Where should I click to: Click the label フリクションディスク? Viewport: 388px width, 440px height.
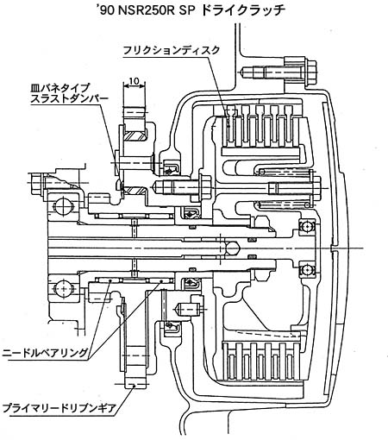[172, 51]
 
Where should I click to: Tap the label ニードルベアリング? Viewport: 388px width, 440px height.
[45, 352]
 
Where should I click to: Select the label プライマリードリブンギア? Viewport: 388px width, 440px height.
[59, 408]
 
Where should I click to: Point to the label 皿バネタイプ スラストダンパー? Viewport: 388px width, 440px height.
[69, 93]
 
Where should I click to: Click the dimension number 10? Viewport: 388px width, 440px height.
[134, 81]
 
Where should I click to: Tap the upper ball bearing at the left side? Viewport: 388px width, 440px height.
[63, 205]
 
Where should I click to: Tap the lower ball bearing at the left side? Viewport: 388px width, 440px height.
[63, 287]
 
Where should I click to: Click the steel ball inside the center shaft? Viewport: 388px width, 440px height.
[232, 248]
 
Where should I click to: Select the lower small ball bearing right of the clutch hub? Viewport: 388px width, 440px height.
[307, 270]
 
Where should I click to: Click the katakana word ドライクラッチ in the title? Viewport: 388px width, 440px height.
[243, 10]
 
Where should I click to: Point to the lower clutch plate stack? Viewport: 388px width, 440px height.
[261, 361]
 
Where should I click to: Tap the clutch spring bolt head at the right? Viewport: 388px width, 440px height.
[316, 188]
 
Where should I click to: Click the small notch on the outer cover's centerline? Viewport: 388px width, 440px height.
[332, 248]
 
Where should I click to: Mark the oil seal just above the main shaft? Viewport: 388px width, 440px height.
[189, 215]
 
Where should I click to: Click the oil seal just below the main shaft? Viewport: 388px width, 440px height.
[191, 283]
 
